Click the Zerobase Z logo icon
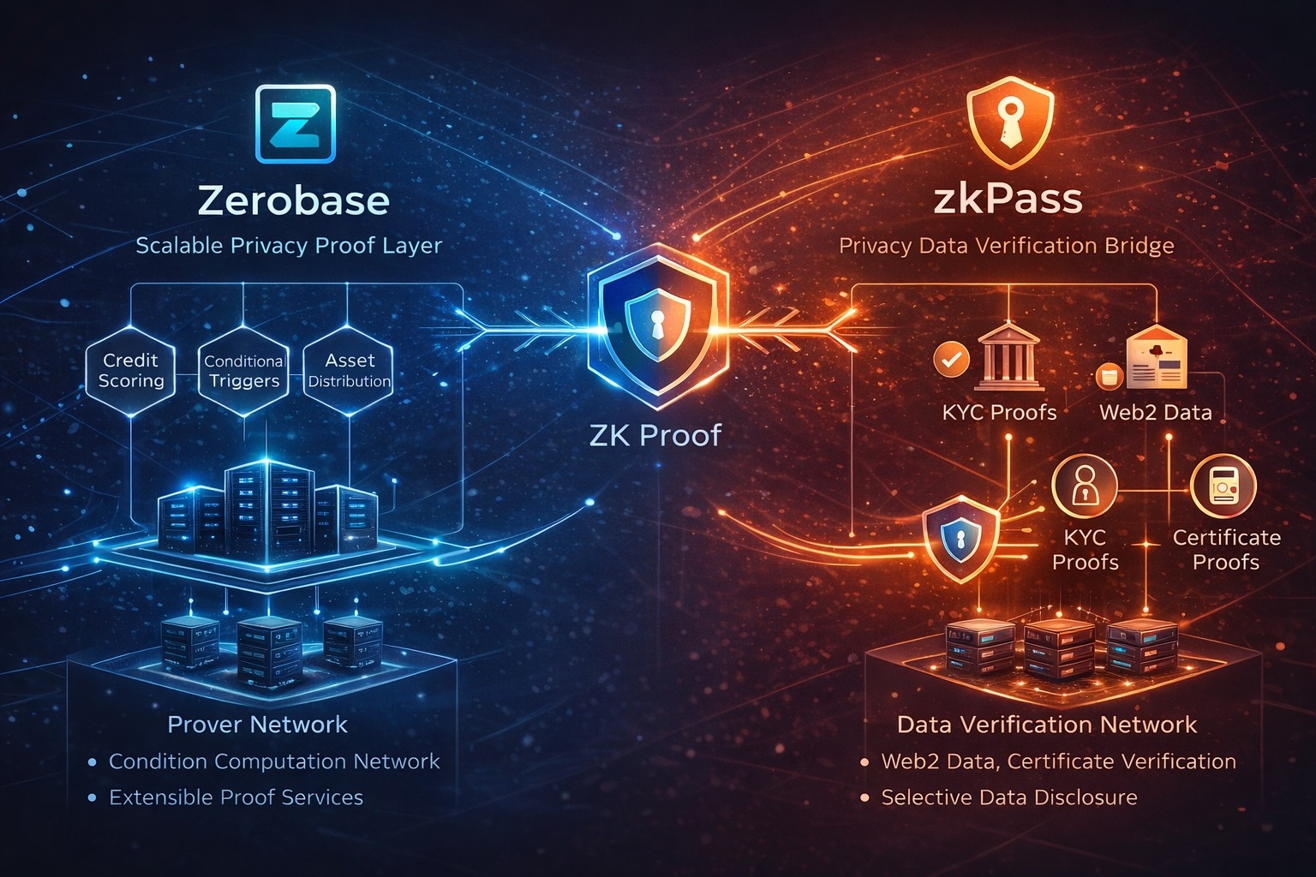(296, 123)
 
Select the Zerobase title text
(293, 200)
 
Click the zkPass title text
(1008, 200)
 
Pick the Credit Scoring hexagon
(130, 371)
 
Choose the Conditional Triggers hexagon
(243, 371)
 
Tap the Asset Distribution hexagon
(349, 371)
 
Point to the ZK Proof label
(655, 435)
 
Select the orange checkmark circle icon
(950, 359)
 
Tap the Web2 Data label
(1155, 412)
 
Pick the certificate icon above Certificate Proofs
(1223, 486)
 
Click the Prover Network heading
(257, 725)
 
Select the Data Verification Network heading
(1046, 725)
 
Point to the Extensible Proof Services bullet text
(236, 797)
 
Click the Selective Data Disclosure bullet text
(1009, 797)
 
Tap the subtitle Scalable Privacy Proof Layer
(289, 246)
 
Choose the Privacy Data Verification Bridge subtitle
(1006, 246)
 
